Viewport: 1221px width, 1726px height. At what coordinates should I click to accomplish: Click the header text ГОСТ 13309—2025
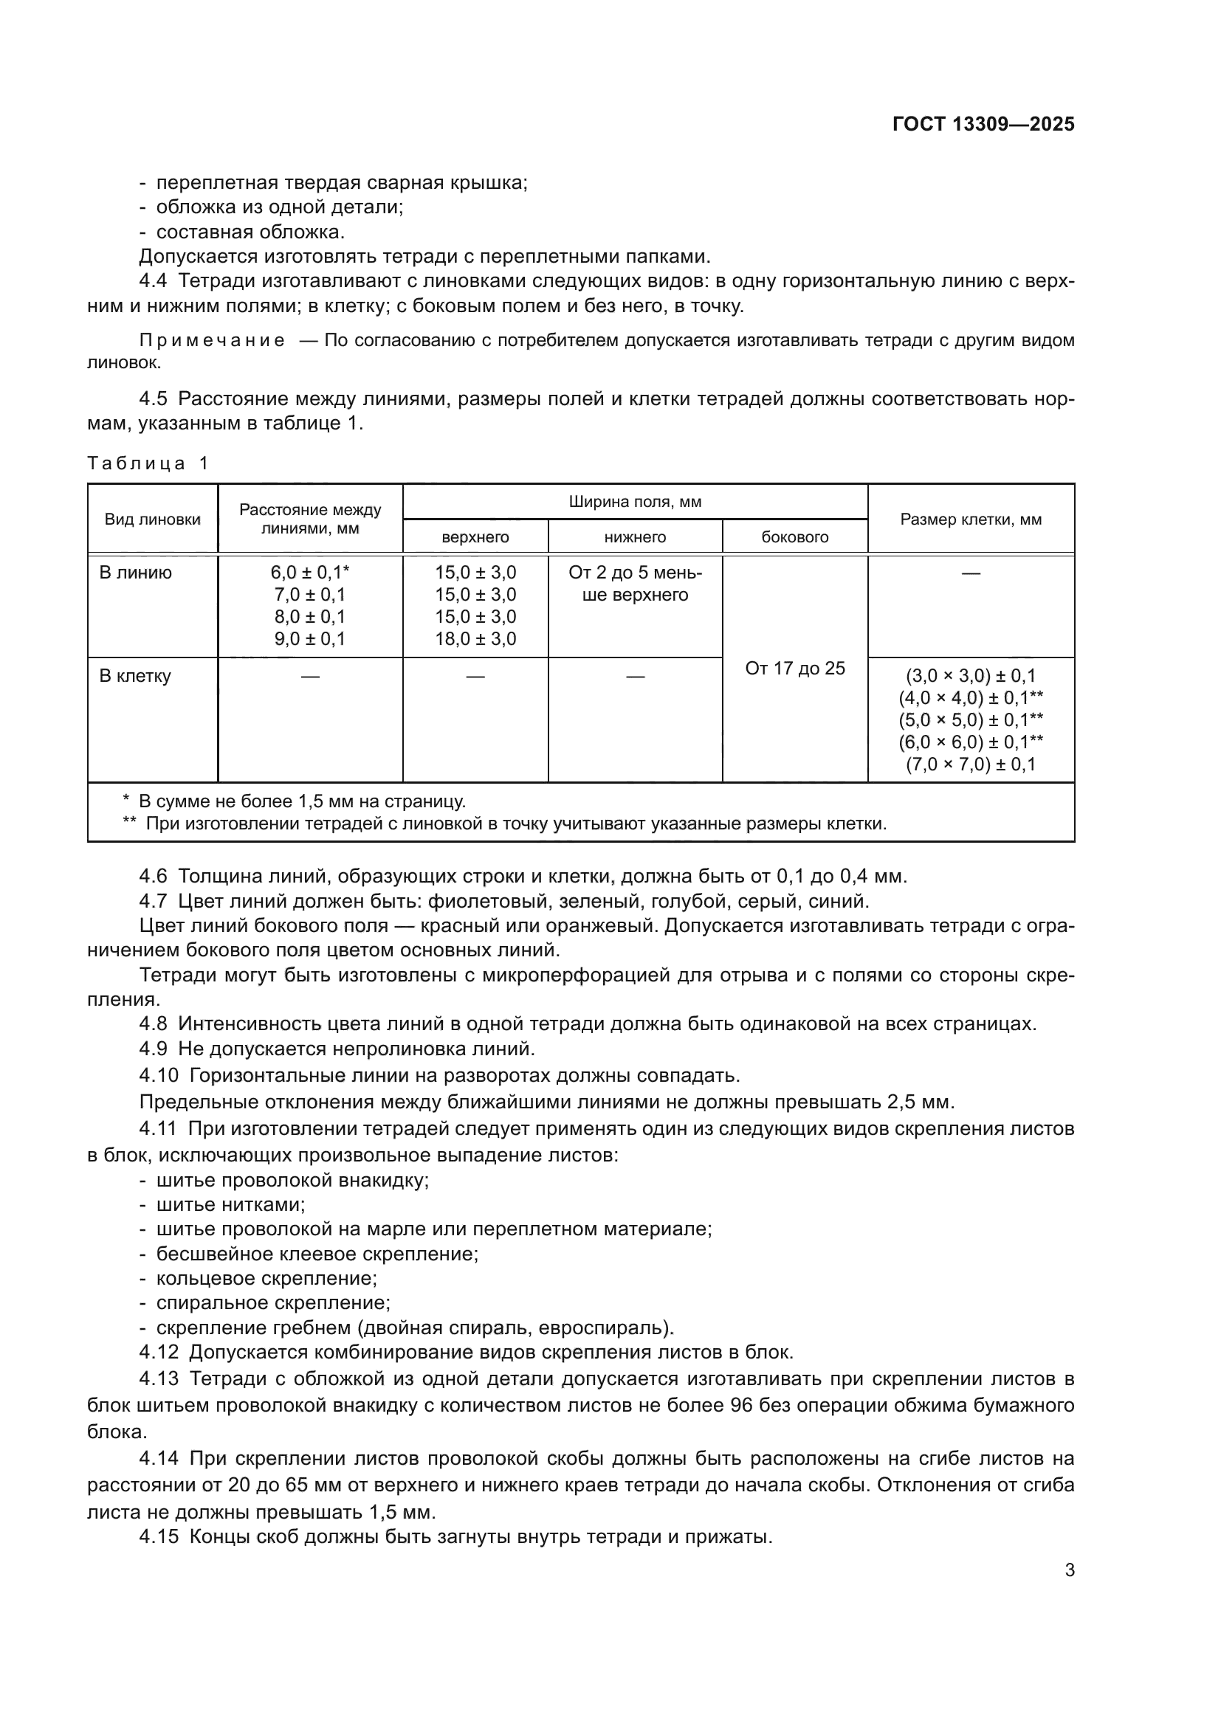pos(983,125)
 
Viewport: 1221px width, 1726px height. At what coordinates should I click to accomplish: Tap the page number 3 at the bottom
pos(1069,1570)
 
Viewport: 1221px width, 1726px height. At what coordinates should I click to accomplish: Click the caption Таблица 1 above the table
pos(148,463)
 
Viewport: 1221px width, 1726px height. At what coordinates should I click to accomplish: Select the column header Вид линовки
pos(153,519)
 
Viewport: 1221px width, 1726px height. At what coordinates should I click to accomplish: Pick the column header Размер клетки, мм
pos(971,519)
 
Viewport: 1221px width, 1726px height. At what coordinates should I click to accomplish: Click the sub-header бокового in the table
pos(795,537)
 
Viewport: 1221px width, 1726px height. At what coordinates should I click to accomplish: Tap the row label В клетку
pos(135,676)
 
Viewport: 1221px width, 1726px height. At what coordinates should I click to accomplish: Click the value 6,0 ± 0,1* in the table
pos(310,573)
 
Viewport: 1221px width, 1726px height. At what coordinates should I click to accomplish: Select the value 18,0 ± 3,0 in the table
pos(475,639)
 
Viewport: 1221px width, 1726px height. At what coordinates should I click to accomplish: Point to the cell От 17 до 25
pos(795,669)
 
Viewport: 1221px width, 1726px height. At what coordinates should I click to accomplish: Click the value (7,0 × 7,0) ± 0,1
pos(971,765)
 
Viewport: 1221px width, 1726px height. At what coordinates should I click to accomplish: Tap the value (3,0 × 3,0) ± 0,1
pos(971,676)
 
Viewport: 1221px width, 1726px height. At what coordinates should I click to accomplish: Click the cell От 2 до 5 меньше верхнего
pos(636,584)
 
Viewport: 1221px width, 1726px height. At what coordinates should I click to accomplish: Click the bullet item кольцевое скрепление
pos(266,1278)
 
